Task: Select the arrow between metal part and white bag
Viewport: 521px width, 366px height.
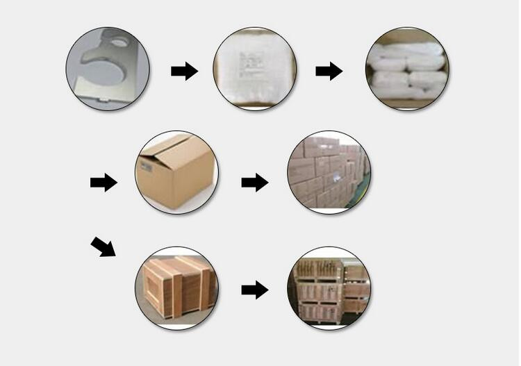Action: (184, 71)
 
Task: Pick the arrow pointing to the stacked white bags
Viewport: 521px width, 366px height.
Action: (329, 71)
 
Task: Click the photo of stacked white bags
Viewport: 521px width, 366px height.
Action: (407, 69)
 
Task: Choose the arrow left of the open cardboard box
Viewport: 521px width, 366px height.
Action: (104, 183)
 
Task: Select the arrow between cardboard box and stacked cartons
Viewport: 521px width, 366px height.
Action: (255, 183)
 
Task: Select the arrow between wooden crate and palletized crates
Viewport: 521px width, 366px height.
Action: (255, 290)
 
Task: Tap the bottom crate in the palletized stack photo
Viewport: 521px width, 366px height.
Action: (320, 311)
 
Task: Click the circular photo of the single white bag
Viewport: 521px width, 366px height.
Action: (254, 69)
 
